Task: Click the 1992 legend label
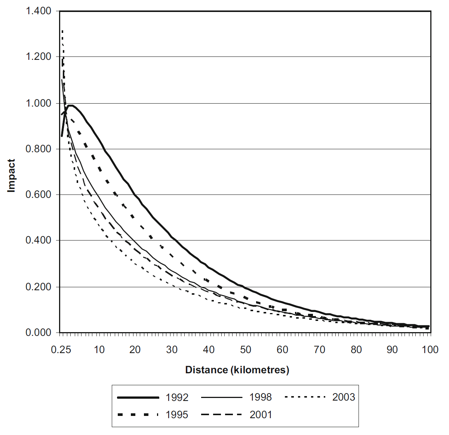(177, 397)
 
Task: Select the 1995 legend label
(177, 414)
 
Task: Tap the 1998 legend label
(261, 397)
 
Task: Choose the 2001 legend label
(261, 414)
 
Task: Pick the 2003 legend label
(344, 397)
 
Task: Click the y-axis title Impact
(12, 176)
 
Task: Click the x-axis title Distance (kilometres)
(237, 370)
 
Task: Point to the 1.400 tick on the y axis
(39, 11)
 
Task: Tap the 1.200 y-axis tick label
(39, 57)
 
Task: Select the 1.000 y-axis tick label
(39, 103)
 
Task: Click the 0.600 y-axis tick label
(39, 194)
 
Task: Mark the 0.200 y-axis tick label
(39, 287)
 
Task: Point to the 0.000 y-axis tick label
(39, 333)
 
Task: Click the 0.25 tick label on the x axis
(61, 350)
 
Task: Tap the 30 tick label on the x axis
(172, 350)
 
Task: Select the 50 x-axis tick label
(246, 350)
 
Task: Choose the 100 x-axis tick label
(430, 350)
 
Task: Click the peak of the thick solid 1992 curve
(70, 105)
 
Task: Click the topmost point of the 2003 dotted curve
(62, 31)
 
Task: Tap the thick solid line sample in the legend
(138, 397)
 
